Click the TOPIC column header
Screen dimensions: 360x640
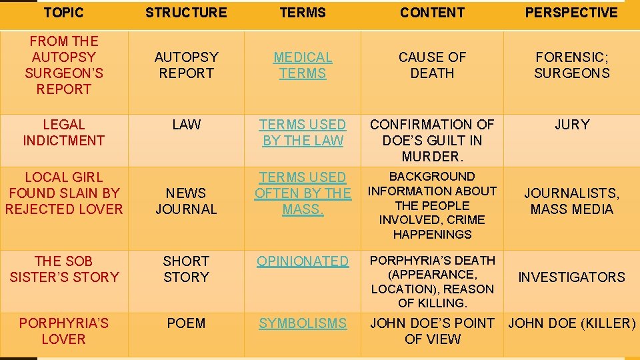pos(63,13)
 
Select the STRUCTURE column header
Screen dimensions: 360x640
pos(186,13)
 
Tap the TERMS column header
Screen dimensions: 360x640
pos(303,13)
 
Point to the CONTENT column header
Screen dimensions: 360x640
pos(432,13)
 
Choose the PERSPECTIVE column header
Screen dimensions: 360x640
pos(571,13)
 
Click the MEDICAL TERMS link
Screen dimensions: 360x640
pos(303,65)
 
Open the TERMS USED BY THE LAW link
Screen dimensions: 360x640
pos(303,133)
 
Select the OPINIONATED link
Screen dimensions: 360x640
pos(303,261)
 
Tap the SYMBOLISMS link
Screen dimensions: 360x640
pos(303,323)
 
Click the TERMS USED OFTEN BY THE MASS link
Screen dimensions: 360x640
pos(303,193)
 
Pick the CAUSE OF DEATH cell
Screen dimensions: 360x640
pos(432,65)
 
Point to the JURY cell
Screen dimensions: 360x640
pos(571,125)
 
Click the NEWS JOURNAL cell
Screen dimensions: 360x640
pos(186,201)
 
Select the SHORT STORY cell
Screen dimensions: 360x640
pos(186,269)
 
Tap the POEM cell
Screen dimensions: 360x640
pos(186,323)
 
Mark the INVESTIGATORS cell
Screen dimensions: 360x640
pos(571,277)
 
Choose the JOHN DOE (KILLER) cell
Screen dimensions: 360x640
pos(571,323)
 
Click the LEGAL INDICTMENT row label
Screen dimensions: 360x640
pos(63,133)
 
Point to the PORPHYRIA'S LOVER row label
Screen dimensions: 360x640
pos(63,331)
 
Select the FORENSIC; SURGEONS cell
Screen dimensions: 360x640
pos(571,65)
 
